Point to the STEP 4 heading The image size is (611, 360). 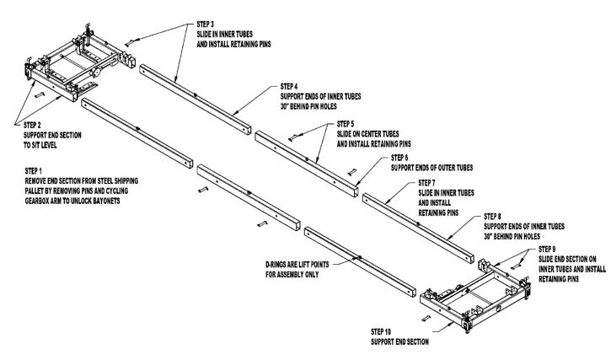[290, 86]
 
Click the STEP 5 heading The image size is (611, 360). [347, 125]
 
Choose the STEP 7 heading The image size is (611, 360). [429, 183]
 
